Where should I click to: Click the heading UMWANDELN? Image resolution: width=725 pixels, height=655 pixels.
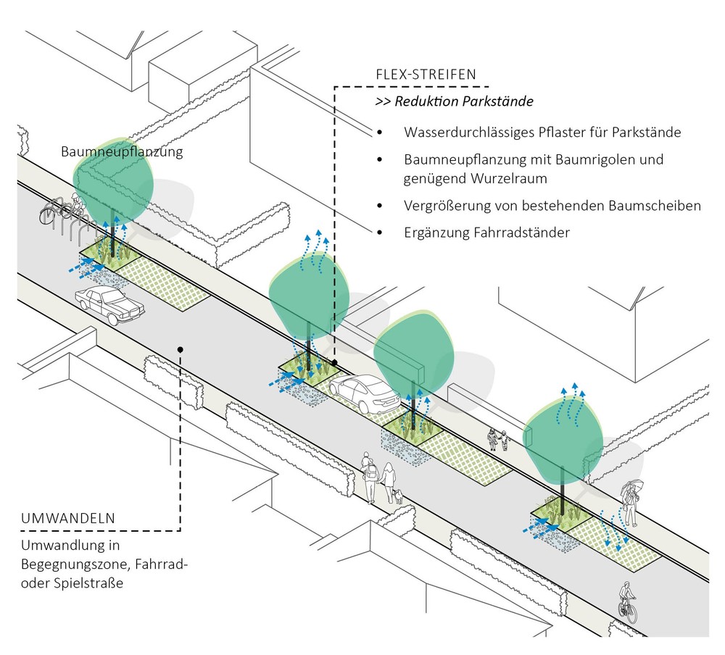pos(67,519)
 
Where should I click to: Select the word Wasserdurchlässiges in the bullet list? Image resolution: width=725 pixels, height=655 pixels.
pos(462,133)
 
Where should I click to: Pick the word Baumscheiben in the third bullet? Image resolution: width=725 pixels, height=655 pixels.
pos(660,206)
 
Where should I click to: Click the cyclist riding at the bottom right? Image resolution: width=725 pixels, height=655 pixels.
pos(626,601)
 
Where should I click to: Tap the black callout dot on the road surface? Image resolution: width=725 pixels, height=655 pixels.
pos(179,349)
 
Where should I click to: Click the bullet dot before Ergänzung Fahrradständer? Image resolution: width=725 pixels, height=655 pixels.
pos(379,233)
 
